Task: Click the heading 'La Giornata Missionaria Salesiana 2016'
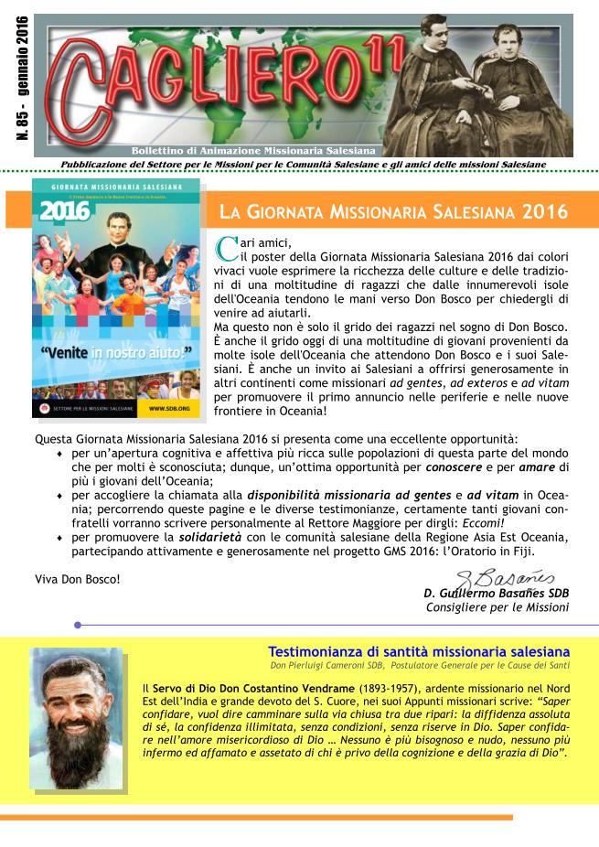(x=393, y=212)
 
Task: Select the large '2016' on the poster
(x=63, y=211)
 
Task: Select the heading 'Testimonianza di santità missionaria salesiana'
(x=419, y=651)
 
